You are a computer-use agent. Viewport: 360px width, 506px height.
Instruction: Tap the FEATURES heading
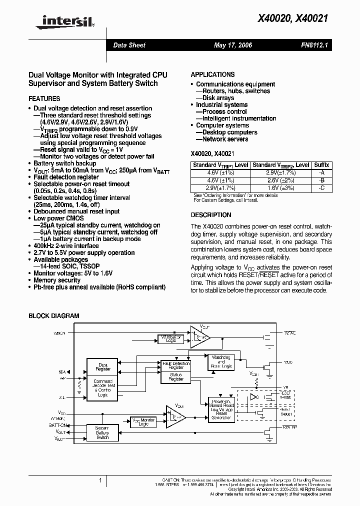44,99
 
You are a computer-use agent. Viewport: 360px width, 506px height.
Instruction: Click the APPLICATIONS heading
212,74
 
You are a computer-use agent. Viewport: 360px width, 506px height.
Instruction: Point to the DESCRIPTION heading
211,215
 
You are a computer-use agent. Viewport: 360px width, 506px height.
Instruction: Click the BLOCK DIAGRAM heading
53,316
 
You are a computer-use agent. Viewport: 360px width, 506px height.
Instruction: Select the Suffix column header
320,165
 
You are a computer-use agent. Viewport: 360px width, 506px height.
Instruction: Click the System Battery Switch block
102,433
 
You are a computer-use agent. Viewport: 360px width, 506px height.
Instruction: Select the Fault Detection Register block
175,365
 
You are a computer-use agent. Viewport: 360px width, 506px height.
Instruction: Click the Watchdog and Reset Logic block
221,361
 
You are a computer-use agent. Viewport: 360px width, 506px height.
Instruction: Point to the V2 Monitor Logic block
170,338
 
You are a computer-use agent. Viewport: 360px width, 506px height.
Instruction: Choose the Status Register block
175,376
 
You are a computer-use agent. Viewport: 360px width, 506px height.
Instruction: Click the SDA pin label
61,372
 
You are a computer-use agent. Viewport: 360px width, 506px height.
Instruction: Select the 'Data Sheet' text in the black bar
129,45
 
